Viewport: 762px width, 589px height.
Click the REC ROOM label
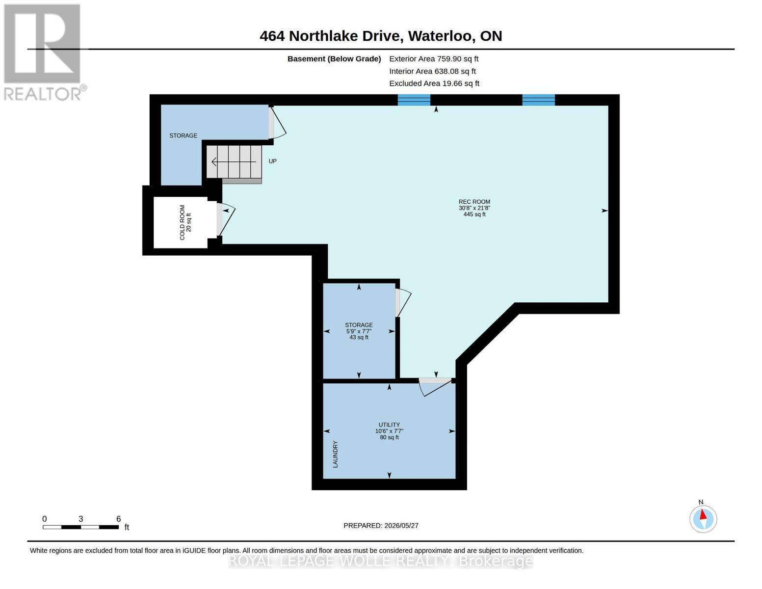click(474, 202)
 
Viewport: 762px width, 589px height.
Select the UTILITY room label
click(389, 425)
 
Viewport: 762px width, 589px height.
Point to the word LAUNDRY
click(335, 455)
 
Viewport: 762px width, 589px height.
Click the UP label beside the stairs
click(272, 161)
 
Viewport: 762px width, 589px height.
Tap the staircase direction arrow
click(234, 161)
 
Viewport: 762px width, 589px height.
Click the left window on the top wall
click(414, 100)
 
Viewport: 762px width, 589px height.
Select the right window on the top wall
click(538, 100)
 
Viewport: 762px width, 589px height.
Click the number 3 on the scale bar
click(80, 519)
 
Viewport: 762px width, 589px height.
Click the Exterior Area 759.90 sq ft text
click(434, 59)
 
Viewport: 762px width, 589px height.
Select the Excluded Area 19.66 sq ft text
click(434, 83)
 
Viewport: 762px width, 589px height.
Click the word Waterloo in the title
click(440, 36)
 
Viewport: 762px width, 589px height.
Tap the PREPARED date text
click(381, 526)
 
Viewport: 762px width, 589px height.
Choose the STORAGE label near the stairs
click(183, 135)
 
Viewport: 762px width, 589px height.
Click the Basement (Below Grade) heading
click(334, 59)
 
